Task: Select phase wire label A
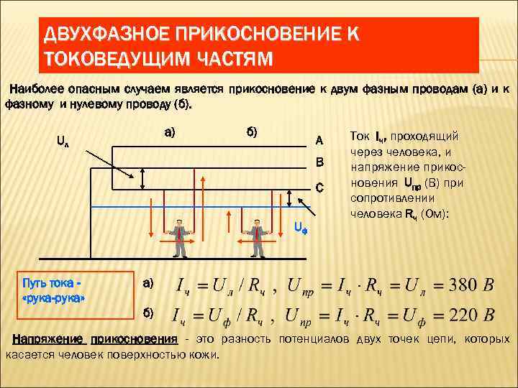319,139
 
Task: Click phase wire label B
319,162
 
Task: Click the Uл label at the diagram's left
63,140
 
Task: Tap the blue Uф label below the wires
301,228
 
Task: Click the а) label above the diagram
171,131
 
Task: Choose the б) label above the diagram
253,131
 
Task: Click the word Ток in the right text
360,136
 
